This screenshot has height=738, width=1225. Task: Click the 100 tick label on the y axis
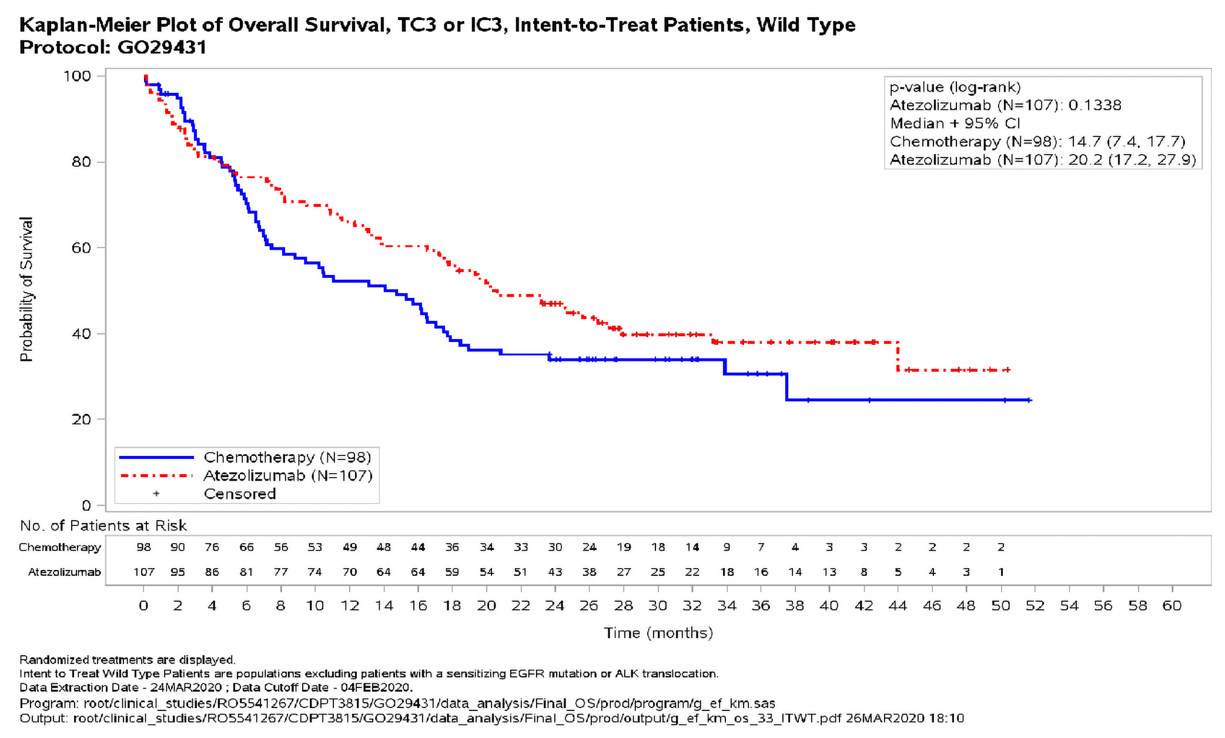click(x=76, y=76)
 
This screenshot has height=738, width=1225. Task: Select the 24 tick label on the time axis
click(x=554, y=606)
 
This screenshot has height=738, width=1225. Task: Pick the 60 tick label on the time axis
click(x=1172, y=606)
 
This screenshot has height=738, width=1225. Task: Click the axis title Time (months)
click(x=658, y=633)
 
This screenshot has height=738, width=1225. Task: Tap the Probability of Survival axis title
click(x=26, y=289)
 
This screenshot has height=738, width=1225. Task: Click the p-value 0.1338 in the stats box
click(x=1095, y=105)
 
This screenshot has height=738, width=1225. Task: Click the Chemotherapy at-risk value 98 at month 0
click(x=143, y=547)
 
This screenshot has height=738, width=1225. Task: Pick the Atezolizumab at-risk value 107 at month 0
click(x=143, y=572)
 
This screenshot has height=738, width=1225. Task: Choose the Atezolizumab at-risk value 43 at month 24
click(x=554, y=572)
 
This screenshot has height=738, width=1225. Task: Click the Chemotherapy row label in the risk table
click(x=59, y=547)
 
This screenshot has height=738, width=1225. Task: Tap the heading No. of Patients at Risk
click(x=103, y=525)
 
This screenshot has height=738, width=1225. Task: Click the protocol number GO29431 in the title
click(x=162, y=47)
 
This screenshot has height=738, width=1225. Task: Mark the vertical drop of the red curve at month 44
click(x=898, y=356)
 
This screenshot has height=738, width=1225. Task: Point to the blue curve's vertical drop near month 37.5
click(x=786, y=387)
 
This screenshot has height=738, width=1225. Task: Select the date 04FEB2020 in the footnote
click(x=383, y=687)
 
